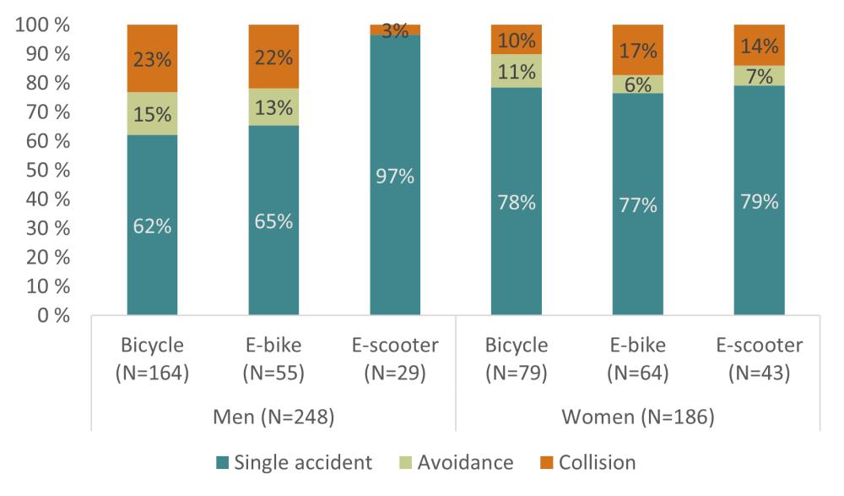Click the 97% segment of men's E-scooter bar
pos(395,176)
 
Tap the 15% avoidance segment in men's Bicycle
pos(152,113)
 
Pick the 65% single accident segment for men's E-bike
pos(273,221)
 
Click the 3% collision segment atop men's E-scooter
pos(395,30)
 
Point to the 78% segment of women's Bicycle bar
pos(517,202)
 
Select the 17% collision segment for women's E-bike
pos(638,50)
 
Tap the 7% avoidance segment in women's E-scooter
pos(760,75)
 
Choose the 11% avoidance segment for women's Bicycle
pos(517,71)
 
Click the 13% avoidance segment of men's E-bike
pos(273,107)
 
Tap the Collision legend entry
pos(586,462)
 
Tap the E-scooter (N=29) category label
pos(395,359)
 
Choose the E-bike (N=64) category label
pos(638,359)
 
